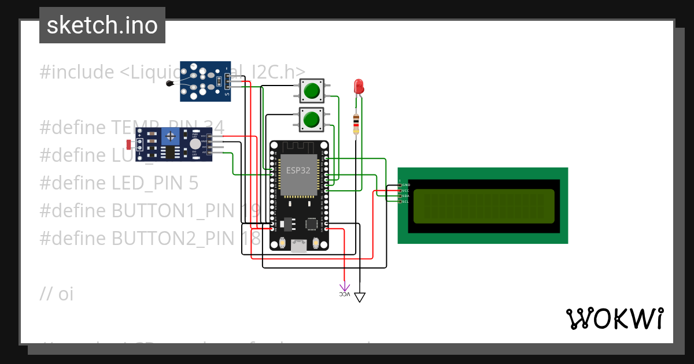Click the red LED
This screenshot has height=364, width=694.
coord(359,87)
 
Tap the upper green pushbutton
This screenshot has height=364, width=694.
coord(311,91)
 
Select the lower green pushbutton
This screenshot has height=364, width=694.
coord(311,120)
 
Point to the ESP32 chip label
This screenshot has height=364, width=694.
coord(298,170)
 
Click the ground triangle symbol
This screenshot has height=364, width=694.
coord(360,298)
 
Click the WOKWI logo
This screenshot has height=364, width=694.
coord(614,318)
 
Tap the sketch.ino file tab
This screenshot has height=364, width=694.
coord(102,25)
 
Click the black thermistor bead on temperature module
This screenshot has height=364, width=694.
coord(169,84)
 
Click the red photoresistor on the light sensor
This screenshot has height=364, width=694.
coord(128,143)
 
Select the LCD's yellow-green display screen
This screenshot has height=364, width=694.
coord(483,206)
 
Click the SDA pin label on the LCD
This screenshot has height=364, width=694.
coord(405,196)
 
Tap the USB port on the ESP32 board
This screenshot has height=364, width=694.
coord(299,246)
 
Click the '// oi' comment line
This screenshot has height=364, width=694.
coord(57,294)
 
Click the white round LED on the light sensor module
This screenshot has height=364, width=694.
coord(195,144)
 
